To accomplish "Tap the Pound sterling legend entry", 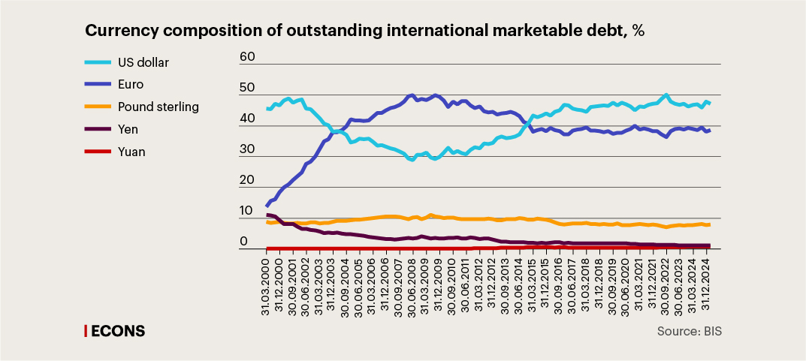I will tap(158, 107).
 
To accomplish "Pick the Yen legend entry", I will tap(128, 129).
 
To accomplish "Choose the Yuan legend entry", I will tap(131, 152).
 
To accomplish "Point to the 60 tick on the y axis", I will tap(247, 57).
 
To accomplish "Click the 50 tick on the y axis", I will tap(247, 89).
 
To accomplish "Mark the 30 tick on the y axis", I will tap(247, 150).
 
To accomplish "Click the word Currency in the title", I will tap(120, 32).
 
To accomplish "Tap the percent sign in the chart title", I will tap(638, 32).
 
